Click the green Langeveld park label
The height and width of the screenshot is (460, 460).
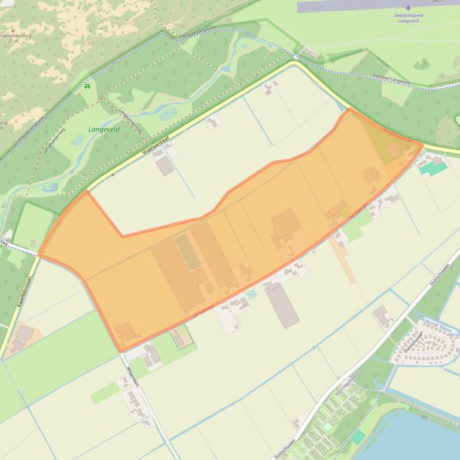pyautogui.click(x=103, y=129)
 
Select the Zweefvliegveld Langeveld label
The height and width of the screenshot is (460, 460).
pyautogui.click(x=408, y=17)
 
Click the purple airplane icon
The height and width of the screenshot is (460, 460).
pyautogui.click(x=408, y=8)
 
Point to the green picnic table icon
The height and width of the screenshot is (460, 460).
pyautogui.click(x=88, y=86)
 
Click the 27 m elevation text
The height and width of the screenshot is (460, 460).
pyautogui.click(x=10, y=42)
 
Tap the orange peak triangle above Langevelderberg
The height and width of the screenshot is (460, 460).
pyautogui.click(x=12, y=29)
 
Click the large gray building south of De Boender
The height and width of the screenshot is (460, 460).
pyautogui.click(x=283, y=305)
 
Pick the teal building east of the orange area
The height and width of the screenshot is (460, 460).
pyautogui.click(x=434, y=168)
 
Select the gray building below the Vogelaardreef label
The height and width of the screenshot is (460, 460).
pyautogui.click(x=166, y=165)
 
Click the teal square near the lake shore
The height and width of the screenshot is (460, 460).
pyautogui.click(x=358, y=437)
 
